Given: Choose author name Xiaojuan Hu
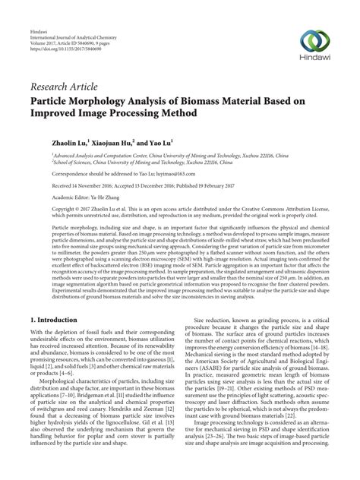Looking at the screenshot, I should (x=112, y=142).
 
